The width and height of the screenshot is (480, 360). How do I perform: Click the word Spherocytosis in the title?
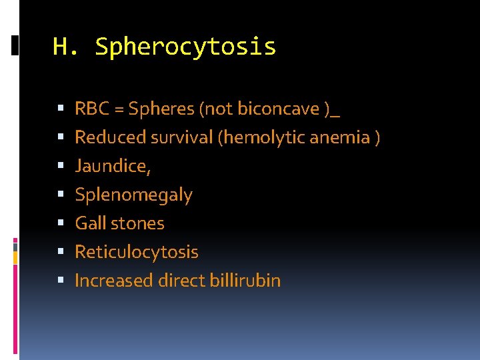[x=185, y=47]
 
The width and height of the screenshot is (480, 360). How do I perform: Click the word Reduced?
[x=111, y=137]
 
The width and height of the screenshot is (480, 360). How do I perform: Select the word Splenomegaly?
[x=133, y=195]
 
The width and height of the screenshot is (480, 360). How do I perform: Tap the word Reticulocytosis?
[x=136, y=252]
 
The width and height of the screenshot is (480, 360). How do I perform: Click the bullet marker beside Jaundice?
[x=61, y=166]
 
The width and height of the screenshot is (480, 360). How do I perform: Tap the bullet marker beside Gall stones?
[x=61, y=223]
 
